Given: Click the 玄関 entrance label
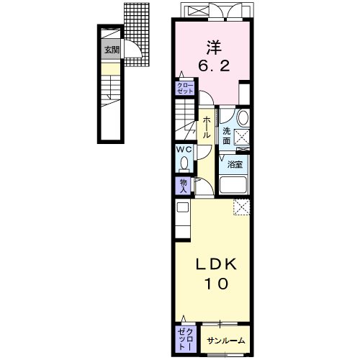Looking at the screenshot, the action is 112,50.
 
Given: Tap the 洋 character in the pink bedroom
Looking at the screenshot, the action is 214,48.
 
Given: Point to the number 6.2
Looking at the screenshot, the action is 214,66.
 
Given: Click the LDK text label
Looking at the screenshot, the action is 217,265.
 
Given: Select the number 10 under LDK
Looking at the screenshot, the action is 216,284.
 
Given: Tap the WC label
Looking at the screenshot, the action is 184,149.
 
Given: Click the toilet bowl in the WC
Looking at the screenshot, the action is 184,163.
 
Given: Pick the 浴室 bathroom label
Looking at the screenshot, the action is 235,165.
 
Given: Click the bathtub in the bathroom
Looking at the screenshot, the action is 233,185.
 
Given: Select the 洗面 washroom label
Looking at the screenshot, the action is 227,136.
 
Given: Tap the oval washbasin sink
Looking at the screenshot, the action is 243,118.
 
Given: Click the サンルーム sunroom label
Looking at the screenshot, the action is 226,341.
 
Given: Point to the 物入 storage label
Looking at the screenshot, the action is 183,186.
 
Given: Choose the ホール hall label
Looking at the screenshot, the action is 206,127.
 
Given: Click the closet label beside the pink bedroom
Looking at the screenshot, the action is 185,89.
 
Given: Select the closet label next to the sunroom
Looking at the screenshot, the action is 186,339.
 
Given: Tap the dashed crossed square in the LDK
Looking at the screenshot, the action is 241,207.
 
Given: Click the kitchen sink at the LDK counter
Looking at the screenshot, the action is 183,207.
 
